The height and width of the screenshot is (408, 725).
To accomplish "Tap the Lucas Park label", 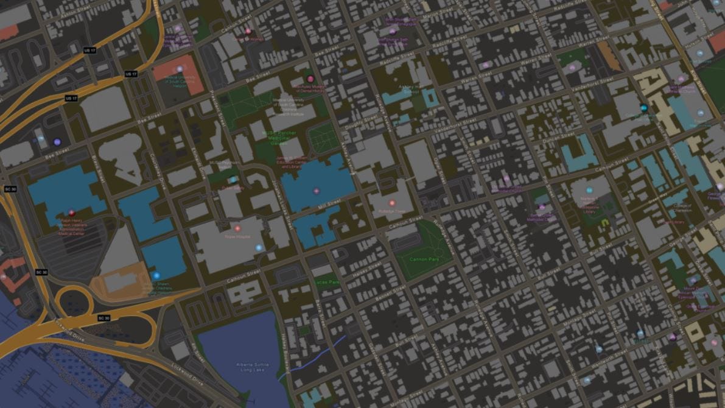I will tap(327, 283).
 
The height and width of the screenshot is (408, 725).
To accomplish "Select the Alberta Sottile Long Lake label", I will tap(253, 367).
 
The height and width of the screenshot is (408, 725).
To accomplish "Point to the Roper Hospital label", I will tap(238, 236).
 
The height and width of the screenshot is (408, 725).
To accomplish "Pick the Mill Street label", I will tap(329, 208).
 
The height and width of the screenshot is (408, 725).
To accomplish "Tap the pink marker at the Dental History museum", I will tap(310, 79).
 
